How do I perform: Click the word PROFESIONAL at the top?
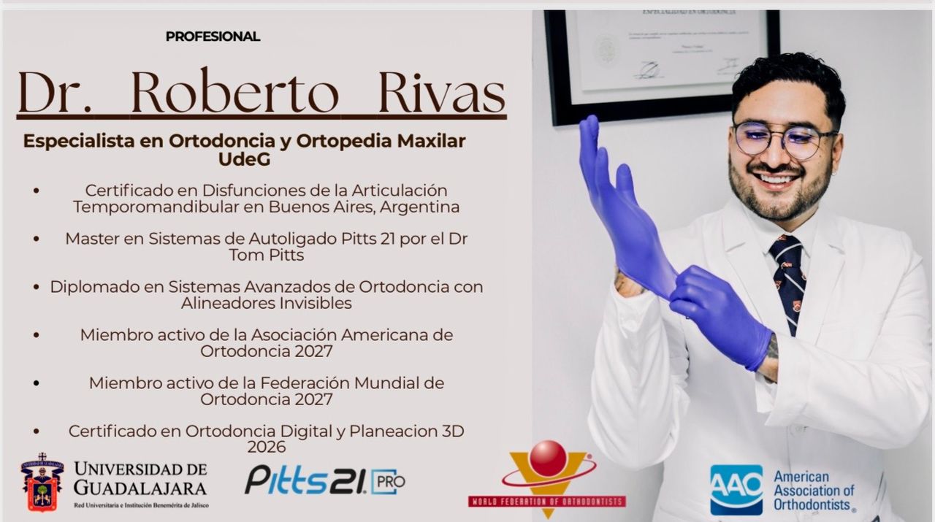[x=213, y=37]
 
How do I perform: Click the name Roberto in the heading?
[x=235, y=93]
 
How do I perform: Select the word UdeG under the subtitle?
[x=244, y=158]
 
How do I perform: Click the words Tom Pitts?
[x=266, y=255]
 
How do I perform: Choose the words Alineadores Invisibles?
[x=267, y=302]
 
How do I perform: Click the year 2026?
[x=266, y=447]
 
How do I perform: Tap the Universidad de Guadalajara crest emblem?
[x=42, y=482]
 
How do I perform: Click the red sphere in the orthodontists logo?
[x=548, y=458]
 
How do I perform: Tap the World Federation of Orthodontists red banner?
[x=546, y=502]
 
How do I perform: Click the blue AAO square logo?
[x=736, y=490]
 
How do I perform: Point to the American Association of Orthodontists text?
[x=814, y=490]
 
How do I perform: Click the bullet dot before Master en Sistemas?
[x=37, y=239]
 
